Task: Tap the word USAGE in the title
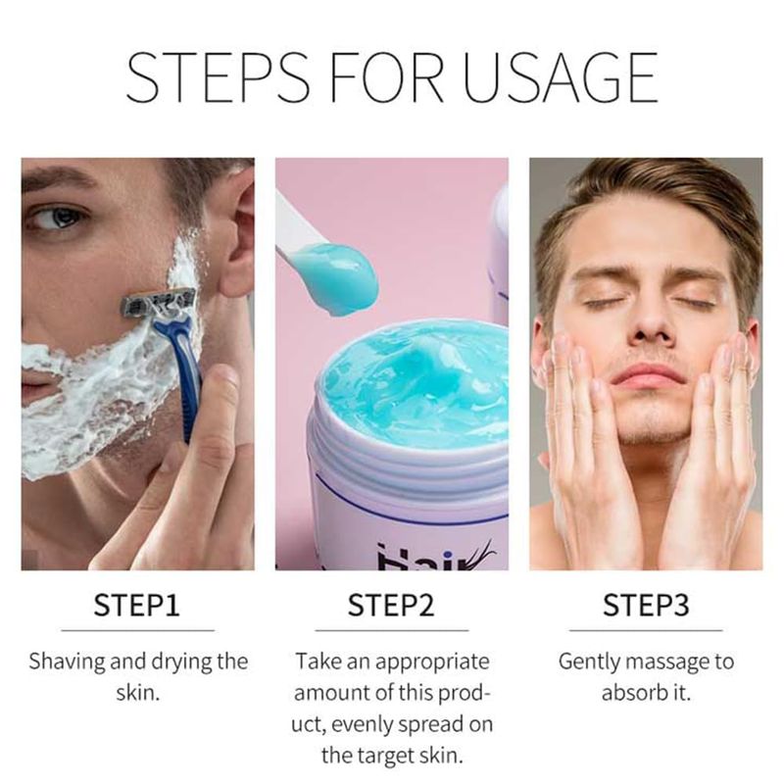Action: coord(561,77)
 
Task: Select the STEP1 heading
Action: coord(136,605)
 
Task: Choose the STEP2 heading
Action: coord(391,605)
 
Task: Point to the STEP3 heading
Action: coord(646,605)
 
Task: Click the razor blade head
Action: coord(159,302)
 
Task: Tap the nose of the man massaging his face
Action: coord(650,320)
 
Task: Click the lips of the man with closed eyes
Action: coord(649,376)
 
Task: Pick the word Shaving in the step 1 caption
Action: coord(67,662)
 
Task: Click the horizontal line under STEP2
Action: coord(391,630)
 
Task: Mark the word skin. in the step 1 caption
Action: coord(138,693)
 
